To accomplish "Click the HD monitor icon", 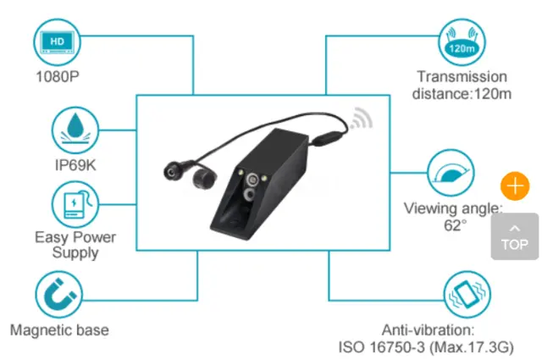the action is pyautogui.click(x=57, y=42).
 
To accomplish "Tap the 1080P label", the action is pyautogui.click(x=58, y=76).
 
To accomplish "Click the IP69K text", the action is pyautogui.click(x=75, y=165).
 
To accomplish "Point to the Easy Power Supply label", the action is pyautogui.click(x=75, y=245).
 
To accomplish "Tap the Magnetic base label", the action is pyautogui.click(x=59, y=330).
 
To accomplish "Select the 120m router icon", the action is pyautogui.click(x=462, y=42).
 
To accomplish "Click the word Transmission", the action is pyautogui.click(x=462, y=77).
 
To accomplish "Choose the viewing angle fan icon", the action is pyautogui.click(x=451, y=173).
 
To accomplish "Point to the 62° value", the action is pyautogui.click(x=456, y=225).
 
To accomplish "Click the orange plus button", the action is pyautogui.click(x=515, y=186).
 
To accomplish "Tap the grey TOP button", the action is pyautogui.click(x=515, y=236).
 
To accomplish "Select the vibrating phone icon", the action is pyautogui.click(x=467, y=295).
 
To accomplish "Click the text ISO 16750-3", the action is pyautogui.click(x=381, y=347).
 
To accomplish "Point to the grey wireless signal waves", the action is pyautogui.click(x=362, y=119).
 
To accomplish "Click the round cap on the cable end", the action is pyautogui.click(x=204, y=178).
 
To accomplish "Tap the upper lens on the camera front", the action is pyautogui.click(x=252, y=180).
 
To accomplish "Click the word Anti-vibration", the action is pyautogui.click(x=428, y=330).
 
